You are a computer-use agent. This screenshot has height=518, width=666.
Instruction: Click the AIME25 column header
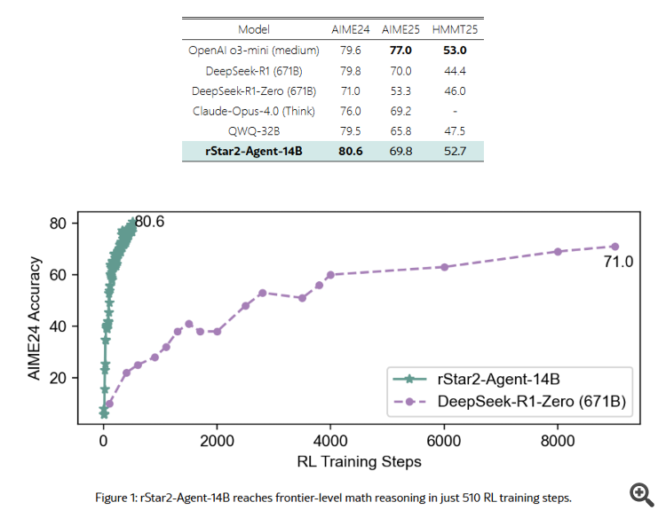tap(400, 29)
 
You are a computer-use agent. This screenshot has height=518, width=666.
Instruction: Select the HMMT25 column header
tap(449, 29)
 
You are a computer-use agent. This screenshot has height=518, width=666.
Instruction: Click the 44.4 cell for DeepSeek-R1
tap(449, 70)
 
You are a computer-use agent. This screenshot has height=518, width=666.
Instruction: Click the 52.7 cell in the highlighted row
tap(449, 151)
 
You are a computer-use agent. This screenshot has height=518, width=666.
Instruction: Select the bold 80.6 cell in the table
tap(351, 151)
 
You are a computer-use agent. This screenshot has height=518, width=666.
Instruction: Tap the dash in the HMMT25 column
tap(449, 111)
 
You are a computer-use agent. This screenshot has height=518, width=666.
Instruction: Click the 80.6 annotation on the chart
tap(149, 222)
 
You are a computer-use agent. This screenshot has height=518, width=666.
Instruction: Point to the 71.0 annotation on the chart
tap(617, 262)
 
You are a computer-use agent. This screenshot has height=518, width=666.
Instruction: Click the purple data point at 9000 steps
tap(614, 247)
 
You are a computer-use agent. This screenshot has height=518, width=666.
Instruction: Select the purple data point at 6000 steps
tap(444, 267)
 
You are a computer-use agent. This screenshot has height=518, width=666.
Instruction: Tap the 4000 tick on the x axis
tap(330, 442)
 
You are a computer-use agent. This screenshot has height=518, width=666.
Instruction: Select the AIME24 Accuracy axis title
tap(35, 318)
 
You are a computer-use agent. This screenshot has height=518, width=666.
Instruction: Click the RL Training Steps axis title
tap(359, 461)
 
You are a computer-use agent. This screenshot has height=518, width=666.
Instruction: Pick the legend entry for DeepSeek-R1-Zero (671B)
tap(531, 402)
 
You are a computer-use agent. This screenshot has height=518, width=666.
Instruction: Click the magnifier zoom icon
tap(640, 494)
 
